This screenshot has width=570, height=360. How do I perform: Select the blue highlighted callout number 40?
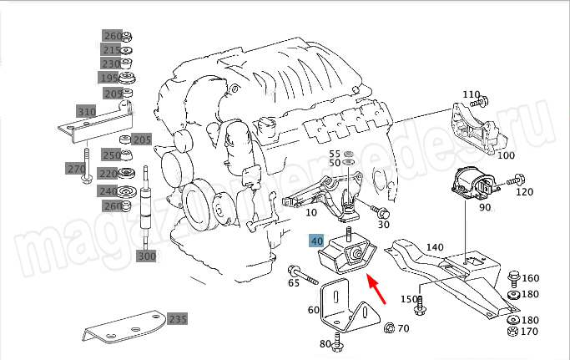[316, 241]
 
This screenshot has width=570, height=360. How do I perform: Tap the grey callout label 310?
[86, 111]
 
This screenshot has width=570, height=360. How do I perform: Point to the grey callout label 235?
[178, 318]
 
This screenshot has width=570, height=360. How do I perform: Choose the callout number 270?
[77, 169]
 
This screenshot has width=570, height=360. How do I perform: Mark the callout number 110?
[471, 94]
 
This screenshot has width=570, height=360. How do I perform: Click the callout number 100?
[506, 155]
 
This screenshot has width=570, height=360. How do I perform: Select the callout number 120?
[524, 192]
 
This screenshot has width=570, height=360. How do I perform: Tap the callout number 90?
[484, 207]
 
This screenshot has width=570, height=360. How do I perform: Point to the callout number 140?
[435, 247]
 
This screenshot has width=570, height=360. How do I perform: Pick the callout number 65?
[293, 284]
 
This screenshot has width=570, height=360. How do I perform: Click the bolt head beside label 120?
[518, 178]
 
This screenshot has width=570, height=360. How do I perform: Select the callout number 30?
[383, 224]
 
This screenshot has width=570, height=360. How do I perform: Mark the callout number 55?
[335, 154]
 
